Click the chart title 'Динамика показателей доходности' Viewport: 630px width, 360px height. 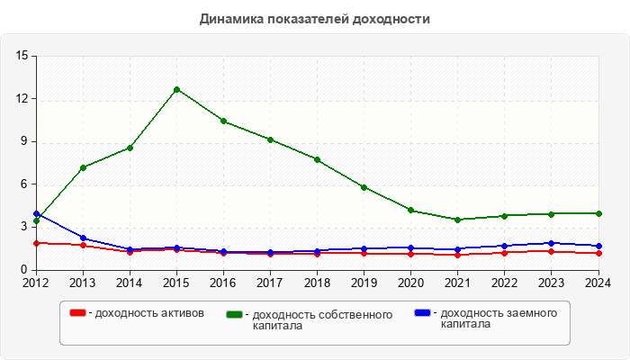click(x=314, y=19)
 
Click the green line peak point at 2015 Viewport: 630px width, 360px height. click(x=176, y=89)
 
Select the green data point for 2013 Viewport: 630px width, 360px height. click(x=83, y=167)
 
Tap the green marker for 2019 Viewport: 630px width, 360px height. click(x=364, y=187)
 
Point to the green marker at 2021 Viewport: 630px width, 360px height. click(x=457, y=220)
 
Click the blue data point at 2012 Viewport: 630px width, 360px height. click(x=36, y=213)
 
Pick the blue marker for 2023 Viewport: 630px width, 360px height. click(x=551, y=243)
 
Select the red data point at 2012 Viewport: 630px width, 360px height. click(x=36, y=243)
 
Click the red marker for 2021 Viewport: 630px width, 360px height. click(x=457, y=255)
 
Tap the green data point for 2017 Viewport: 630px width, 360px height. click(x=270, y=139)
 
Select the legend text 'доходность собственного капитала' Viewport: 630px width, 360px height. click(x=322, y=319)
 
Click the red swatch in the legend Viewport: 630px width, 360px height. click(x=78, y=313)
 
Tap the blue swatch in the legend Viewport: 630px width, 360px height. click(x=422, y=313)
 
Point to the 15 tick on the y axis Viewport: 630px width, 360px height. click(x=22, y=56)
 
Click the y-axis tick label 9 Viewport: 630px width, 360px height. click(x=25, y=141)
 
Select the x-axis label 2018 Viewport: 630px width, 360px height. click(x=317, y=282)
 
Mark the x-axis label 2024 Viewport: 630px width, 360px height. click(x=598, y=282)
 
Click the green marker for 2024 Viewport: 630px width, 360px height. click(x=598, y=213)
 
